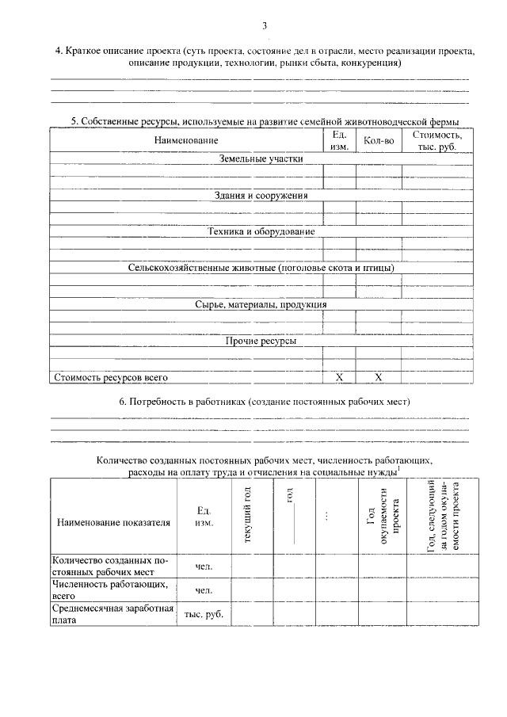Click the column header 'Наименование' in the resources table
[x=186, y=140]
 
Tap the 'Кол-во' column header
[x=379, y=140]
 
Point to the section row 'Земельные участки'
[x=261, y=158]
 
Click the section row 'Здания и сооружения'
[x=261, y=195]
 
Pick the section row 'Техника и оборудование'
[x=261, y=231]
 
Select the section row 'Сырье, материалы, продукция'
[x=261, y=304]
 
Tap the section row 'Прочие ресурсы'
[x=261, y=341]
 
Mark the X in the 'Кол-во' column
[x=379, y=378]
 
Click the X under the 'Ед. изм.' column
[x=339, y=378]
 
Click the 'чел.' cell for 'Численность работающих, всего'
[x=204, y=590]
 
